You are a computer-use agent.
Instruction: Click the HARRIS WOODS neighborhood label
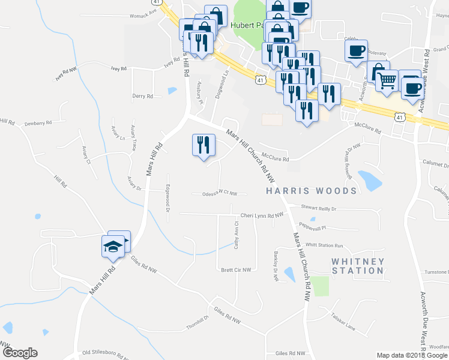(x=312, y=191)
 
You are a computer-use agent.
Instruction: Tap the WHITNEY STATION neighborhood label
(x=358, y=266)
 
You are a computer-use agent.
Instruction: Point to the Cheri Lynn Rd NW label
(x=261, y=215)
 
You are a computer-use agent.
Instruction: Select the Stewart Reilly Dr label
(x=319, y=209)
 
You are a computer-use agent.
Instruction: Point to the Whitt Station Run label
(x=324, y=245)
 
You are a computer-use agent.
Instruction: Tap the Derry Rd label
(x=142, y=96)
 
